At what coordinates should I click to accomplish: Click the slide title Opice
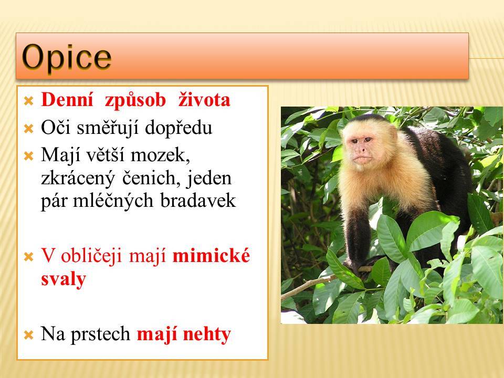pyautogui.click(x=67, y=58)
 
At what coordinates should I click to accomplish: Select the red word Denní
pyautogui.click(x=67, y=100)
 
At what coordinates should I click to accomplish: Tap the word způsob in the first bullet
pyautogui.click(x=135, y=101)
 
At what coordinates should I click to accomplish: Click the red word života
pyautogui.click(x=204, y=100)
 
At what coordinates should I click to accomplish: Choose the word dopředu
pyautogui.click(x=178, y=128)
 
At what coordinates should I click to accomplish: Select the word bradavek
pyautogui.click(x=198, y=201)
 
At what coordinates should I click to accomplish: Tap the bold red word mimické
pyautogui.click(x=211, y=256)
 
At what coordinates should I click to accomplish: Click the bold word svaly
pyautogui.click(x=64, y=279)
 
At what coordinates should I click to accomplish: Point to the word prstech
pyautogui.click(x=100, y=334)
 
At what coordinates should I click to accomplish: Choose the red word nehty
pyautogui.click(x=207, y=334)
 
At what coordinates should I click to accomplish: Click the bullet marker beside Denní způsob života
pyautogui.click(x=28, y=101)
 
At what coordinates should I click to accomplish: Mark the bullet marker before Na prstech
pyautogui.click(x=28, y=335)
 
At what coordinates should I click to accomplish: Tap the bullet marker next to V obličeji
pyautogui.click(x=28, y=257)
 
